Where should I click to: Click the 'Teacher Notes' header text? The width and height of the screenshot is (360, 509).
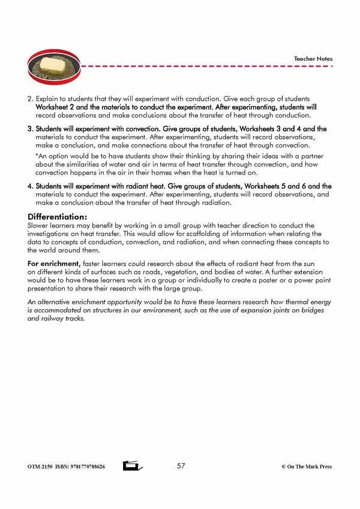coord(313,59)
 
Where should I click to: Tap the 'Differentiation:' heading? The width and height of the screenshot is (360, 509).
coord(57,217)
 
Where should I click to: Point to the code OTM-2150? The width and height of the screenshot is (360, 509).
coord(40,467)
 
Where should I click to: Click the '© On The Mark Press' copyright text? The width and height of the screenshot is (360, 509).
coord(306,467)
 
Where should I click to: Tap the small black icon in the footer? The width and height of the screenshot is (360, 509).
coord(131,466)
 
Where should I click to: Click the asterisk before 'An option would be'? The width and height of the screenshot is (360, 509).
coord(37,157)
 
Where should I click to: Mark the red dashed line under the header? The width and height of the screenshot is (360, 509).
coord(198,67)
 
